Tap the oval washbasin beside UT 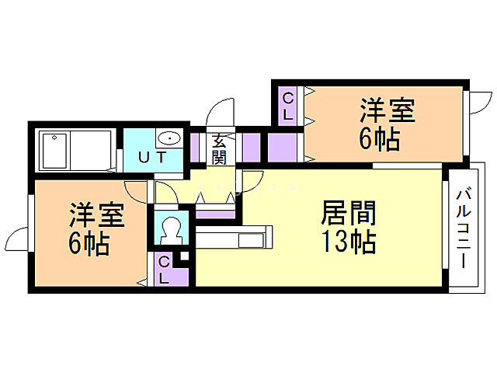click(169, 139)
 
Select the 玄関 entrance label click(219, 149)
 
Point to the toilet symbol click(170, 229)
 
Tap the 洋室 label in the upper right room click(386, 110)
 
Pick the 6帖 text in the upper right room click(380, 139)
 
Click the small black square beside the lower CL click(184, 256)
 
